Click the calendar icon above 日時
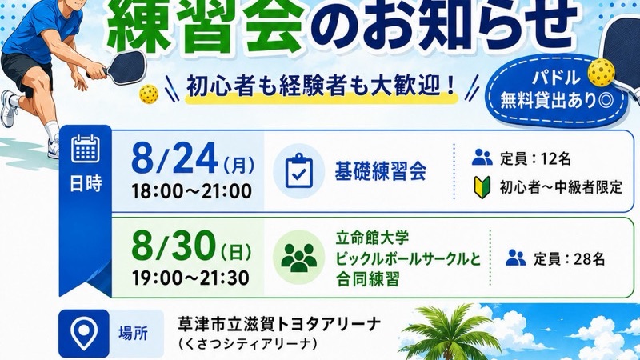(86, 149)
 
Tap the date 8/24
(174, 159)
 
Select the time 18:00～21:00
(191, 191)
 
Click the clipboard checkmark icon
(298, 171)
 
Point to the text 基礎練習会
(381, 171)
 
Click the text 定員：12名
(535, 158)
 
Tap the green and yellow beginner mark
(482, 187)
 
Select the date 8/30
(174, 246)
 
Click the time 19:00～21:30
(190, 278)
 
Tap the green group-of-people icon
(298, 258)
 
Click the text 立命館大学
(372, 238)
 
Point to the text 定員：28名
(569, 258)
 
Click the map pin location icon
(84, 333)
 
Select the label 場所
(134, 334)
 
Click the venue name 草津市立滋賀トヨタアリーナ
(279, 325)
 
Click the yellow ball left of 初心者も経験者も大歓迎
(149, 94)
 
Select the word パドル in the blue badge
(556, 78)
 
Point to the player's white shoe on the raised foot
(10, 109)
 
